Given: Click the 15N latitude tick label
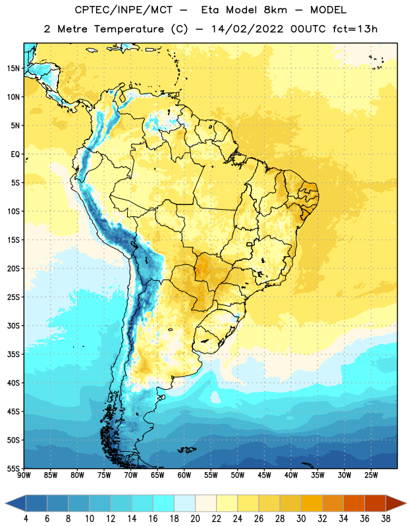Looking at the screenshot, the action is (13, 68).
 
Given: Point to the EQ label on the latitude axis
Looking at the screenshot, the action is (15, 155).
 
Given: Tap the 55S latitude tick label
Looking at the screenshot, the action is (13, 469).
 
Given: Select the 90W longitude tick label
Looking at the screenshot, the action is (24, 475).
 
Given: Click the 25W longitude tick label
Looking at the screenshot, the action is (371, 475).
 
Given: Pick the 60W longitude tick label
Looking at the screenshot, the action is (184, 475).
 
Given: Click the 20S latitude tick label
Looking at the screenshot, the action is (13, 269).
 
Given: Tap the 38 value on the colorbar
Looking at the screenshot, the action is (386, 519).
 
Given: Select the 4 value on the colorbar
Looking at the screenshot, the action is (26, 519).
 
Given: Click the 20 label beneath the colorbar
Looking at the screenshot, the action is (195, 519).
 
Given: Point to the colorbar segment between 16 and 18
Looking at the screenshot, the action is (164, 503).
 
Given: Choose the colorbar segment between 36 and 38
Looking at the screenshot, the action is (375, 503).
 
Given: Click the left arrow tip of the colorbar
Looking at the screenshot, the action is (5, 503).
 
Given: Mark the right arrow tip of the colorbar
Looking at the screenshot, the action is (406, 503).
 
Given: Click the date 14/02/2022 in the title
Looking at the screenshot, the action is (247, 29).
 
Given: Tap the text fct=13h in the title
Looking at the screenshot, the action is (355, 29).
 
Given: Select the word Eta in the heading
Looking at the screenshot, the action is (210, 10).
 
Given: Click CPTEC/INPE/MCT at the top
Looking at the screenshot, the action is (123, 10).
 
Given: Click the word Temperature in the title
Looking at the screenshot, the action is (128, 29).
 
